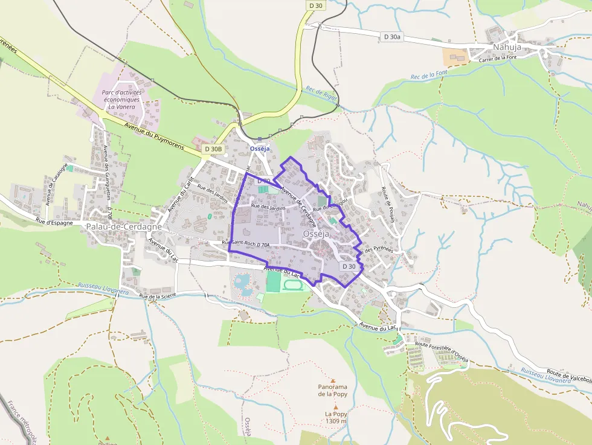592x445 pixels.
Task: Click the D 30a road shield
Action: [x=392, y=37]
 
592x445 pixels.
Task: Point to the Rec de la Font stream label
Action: [x=428, y=75]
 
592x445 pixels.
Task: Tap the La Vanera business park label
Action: [x=122, y=100]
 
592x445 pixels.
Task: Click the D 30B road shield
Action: [x=213, y=149]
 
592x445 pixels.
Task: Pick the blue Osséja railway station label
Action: [x=260, y=149]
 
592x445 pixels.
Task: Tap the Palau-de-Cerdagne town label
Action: [x=124, y=226]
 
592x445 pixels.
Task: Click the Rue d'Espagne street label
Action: [x=54, y=222]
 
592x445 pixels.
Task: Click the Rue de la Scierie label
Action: [x=159, y=296]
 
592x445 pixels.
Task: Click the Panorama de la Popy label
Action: [x=332, y=390]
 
